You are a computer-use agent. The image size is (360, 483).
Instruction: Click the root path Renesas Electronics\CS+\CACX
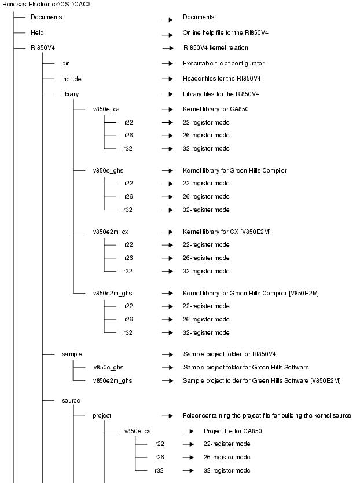coord(46,5)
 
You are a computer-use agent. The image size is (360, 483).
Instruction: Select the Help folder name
coord(37,33)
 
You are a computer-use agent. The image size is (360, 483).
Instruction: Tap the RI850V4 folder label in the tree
coord(42,48)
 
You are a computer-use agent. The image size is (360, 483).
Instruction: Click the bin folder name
coord(66,64)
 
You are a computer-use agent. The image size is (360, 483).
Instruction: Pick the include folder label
coord(71,79)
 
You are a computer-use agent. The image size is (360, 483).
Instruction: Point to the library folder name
coord(70,94)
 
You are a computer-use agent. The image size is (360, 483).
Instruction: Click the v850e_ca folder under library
coord(106,109)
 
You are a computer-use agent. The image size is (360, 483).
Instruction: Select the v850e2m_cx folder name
coord(110,232)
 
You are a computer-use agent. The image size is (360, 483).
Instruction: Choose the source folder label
coord(71,400)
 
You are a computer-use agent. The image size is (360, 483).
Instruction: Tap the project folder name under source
coord(102,415)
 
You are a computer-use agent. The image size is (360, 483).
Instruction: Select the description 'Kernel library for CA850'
coord(215,109)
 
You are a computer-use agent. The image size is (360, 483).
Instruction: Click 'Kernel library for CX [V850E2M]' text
coord(226,232)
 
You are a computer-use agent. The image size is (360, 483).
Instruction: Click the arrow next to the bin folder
coord(167,64)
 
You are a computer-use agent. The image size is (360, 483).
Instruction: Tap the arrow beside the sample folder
coord(167,354)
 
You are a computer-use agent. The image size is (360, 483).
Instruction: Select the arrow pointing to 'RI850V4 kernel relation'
coord(167,48)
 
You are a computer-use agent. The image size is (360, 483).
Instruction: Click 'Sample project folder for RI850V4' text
coord(229,354)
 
